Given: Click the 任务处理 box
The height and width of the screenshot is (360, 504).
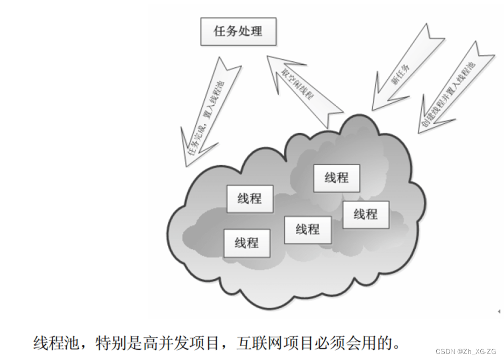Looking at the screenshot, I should pos(238,31).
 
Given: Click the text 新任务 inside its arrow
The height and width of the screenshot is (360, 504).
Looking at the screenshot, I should pos(401,74).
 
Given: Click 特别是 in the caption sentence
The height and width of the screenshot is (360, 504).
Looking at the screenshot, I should pos(112,343).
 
